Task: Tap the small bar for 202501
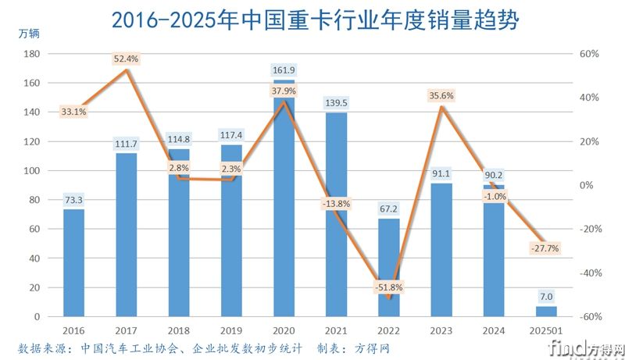point(547,312)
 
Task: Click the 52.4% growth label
point(126,59)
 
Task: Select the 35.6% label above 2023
point(441,95)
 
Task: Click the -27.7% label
point(547,248)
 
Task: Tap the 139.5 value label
point(336,102)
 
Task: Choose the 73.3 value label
point(73,200)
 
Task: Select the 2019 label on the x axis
point(231,330)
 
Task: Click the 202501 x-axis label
point(547,330)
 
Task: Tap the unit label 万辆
point(29,34)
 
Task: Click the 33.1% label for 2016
point(73,112)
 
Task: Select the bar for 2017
point(126,234)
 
